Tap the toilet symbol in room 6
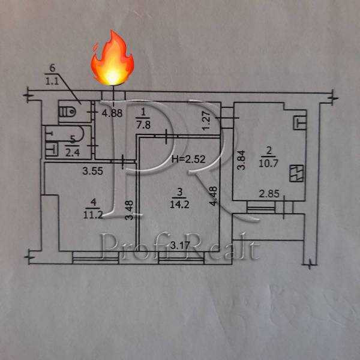[x=71, y=111]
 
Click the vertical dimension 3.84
[x=241, y=159]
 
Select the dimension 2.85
[x=269, y=194]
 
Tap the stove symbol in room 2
[x=296, y=173]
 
